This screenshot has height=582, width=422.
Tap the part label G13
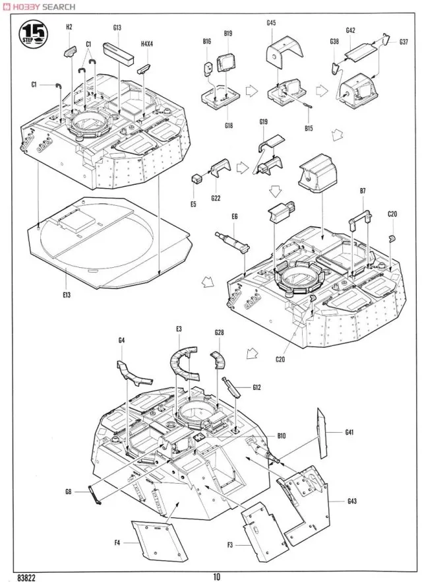117,27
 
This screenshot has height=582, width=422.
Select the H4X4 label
146,44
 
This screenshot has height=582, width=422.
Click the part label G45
271,23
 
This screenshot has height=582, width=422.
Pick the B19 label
228,33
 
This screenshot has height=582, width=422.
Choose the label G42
350,30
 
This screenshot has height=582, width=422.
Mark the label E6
234,216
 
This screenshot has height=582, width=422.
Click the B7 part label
363,191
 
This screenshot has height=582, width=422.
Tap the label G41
349,432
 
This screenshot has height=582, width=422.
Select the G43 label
351,501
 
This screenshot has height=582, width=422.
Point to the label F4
117,544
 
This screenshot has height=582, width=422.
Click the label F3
230,544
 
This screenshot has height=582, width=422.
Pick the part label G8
68,490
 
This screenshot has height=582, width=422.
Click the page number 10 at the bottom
216,576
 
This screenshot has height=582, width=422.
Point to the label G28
219,333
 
